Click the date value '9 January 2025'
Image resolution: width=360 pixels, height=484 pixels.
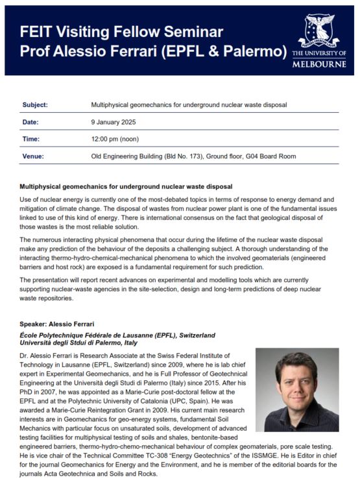click(x=114, y=122)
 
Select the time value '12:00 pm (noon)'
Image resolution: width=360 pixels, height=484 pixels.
click(x=115, y=139)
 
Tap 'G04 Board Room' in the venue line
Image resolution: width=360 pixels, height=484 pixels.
click(x=269, y=156)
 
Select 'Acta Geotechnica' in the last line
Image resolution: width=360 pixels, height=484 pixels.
click(x=78, y=474)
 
